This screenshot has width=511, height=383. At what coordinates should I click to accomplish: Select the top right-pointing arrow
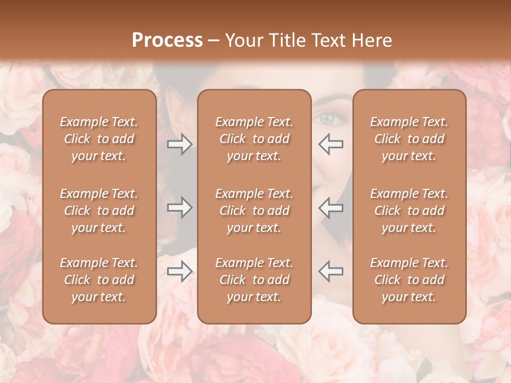point(180,144)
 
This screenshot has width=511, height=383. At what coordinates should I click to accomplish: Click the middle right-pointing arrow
point(180,207)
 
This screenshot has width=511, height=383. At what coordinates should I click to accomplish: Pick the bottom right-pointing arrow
point(180,271)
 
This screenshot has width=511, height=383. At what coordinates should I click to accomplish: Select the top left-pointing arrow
point(331,144)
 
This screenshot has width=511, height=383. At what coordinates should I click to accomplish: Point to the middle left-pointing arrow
point(331,207)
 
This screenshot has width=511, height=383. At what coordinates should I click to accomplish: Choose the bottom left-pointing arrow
point(331,271)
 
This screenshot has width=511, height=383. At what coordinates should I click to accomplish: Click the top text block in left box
point(99,139)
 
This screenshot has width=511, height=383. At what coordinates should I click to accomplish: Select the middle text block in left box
point(99,211)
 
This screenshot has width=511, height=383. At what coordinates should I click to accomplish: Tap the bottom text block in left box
point(99,280)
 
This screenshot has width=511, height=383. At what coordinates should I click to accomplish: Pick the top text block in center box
point(254,139)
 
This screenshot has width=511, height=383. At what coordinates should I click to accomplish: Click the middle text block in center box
point(254,211)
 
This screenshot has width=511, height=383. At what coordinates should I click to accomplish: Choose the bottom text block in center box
point(254,280)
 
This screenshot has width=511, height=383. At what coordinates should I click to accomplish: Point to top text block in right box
point(409,139)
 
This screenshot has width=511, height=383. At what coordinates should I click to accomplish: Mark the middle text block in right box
point(409,211)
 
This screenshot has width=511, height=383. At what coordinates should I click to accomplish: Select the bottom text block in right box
point(409,280)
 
